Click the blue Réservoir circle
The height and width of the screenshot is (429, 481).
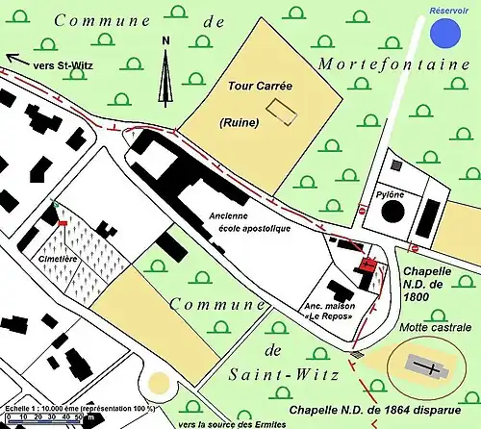tap(444, 33)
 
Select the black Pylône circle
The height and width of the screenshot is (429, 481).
tap(394, 211)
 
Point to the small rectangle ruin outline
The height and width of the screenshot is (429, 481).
tap(278, 110)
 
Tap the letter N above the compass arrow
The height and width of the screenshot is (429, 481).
tap(166, 40)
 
